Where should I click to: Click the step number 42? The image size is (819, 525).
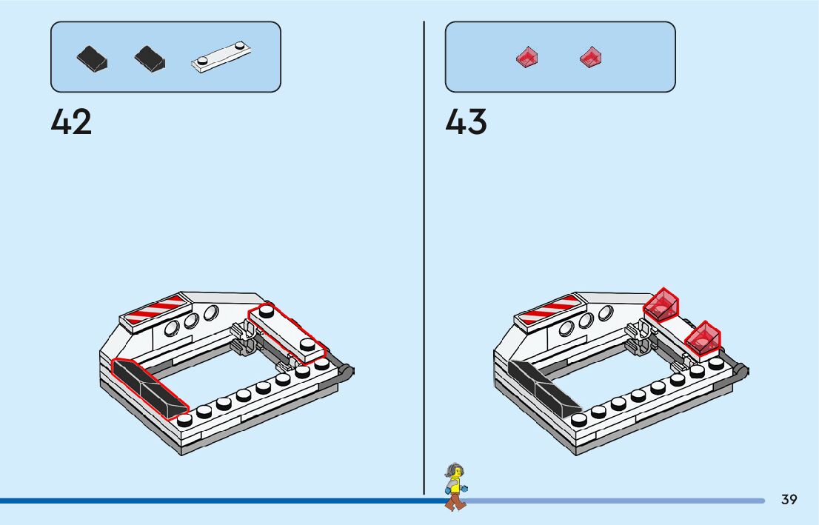coord(71,122)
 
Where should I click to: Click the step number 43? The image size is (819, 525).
coord(466,122)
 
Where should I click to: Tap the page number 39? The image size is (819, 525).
coord(789,500)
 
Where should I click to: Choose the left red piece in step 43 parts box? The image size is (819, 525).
coord(526,57)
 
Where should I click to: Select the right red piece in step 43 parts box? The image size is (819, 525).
coord(590,56)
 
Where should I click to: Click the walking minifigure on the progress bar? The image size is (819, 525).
coord(455,487)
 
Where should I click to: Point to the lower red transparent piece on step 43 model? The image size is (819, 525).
coord(703,338)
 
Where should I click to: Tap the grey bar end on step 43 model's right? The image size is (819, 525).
coord(741,372)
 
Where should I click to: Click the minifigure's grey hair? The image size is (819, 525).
coord(452,469)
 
